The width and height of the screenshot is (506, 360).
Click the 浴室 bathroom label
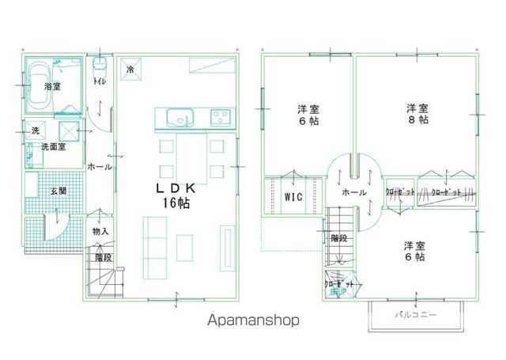[x=53, y=85]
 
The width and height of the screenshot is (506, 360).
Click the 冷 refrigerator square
[x=130, y=69]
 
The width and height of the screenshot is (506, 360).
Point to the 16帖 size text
[x=177, y=203]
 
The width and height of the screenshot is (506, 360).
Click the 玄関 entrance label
[x=58, y=191]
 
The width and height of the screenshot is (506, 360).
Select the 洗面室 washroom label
[x=52, y=147]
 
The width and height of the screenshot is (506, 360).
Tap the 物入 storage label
[x=100, y=231]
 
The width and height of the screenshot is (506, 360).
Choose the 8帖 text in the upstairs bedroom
[x=418, y=120]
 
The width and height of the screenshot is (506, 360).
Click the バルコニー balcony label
[x=415, y=315]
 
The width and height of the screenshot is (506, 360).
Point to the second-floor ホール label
[x=353, y=192]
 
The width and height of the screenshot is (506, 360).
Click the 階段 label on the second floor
[x=340, y=237]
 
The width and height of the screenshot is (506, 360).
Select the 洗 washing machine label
[x=36, y=130]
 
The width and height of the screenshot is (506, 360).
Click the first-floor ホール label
[x=99, y=167]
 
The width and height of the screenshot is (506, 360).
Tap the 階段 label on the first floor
[x=104, y=257]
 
